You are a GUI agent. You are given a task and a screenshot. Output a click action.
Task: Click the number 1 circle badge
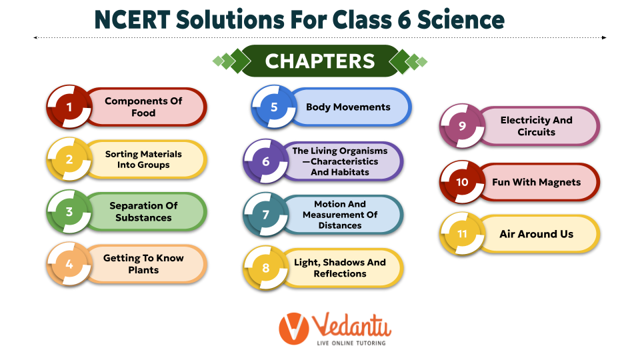pyautogui.click(x=69, y=107)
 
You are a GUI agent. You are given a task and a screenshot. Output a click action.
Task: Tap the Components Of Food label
pyautogui.click(x=143, y=107)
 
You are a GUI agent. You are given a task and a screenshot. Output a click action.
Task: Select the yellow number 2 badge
pyautogui.click(x=69, y=159)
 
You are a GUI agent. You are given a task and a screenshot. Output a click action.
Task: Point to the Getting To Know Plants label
pyautogui.click(x=143, y=264)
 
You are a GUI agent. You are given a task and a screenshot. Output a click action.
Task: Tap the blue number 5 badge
pyautogui.click(x=274, y=107)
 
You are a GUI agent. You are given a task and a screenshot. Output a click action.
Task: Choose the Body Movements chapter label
pyautogui.click(x=348, y=107)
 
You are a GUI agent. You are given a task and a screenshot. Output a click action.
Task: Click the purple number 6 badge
pyautogui.click(x=266, y=161)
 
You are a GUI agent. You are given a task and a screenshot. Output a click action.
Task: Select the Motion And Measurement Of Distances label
pyautogui.click(x=340, y=214)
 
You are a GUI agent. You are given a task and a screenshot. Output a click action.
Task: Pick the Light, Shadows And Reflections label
pyautogui.click(x=340, y=268)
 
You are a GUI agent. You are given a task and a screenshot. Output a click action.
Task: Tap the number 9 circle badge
pyautogui.click(x=462, y=126)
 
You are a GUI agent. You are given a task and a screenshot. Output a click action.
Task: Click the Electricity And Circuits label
pyautogui.click(x=536, y=126)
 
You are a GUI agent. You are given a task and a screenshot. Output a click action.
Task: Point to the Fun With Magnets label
pyautogui.click(x=536, y=182)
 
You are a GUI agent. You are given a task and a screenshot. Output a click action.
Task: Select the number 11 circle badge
pyautogui.click(x=462, y=234)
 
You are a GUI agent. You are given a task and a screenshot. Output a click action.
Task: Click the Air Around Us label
pyautogui.click(x=536, y=234)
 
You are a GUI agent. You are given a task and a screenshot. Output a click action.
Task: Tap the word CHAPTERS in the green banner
pyautogui.click(x=320, y=61)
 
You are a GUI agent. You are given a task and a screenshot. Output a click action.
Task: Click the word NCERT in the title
pyautogui.click(x=132, y=19)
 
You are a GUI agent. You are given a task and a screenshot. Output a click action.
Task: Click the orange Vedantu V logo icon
pyautogui.click(x=294, y=329)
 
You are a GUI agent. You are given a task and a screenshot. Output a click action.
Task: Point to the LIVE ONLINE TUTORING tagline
pyautogui.click(x=351, y=343)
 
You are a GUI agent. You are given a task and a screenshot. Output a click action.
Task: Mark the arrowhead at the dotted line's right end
pyautogui.click(x=604, y=37)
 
